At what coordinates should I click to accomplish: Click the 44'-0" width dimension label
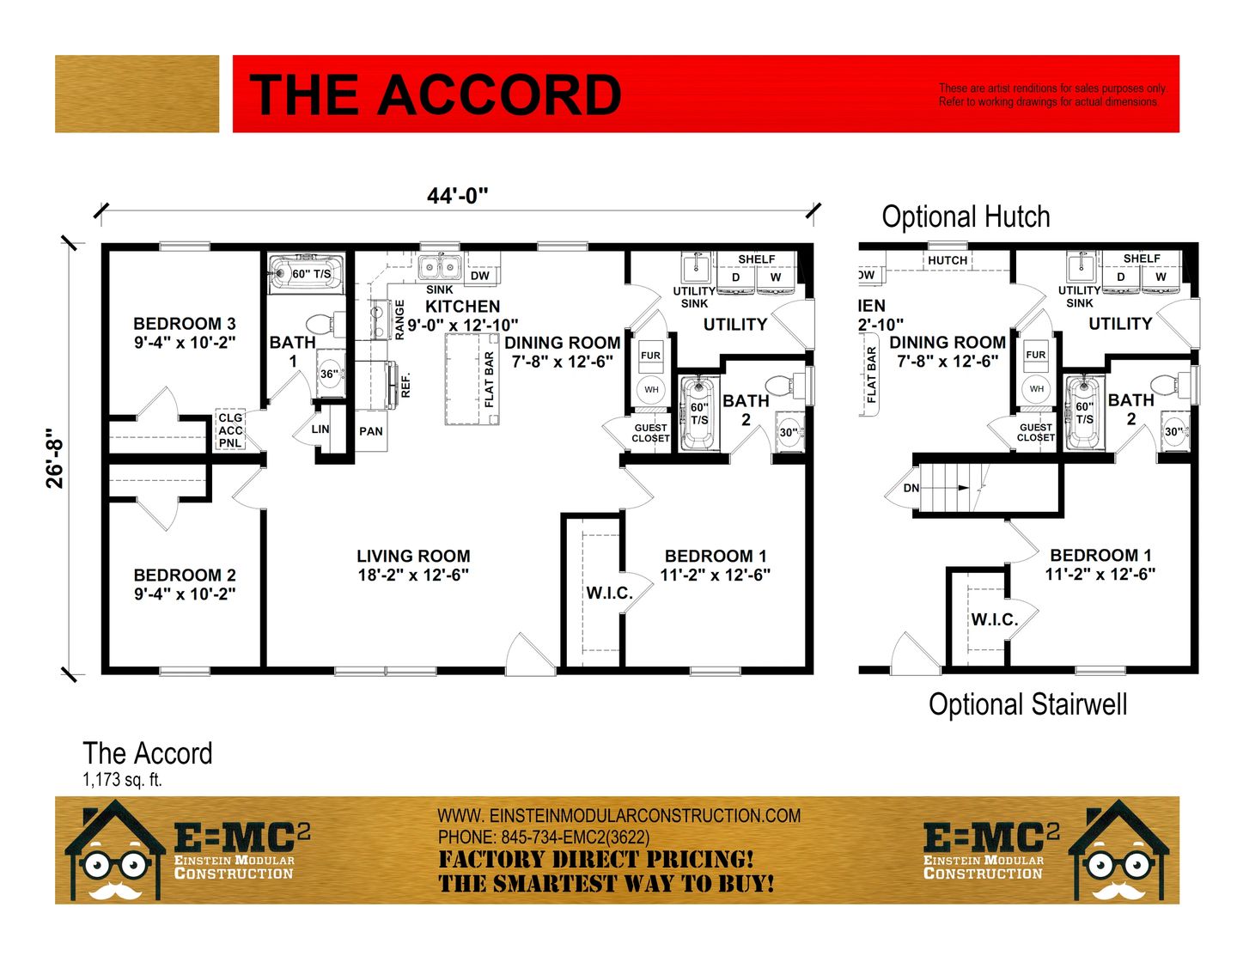tap(457, 196)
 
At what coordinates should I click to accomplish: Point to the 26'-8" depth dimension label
tap(55, 458)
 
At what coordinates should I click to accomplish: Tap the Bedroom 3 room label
tap(185, 333)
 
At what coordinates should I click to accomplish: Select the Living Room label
tap(413, 565)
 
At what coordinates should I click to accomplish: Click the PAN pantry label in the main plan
tap(370, 431)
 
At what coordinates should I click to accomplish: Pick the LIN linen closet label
tap(320, 429)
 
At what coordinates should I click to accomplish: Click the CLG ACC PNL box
tap(230, 429)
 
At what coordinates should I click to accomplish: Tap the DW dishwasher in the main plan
tap(480, 276)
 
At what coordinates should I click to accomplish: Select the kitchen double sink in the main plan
tap(440, 267)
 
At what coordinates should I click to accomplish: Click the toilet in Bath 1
tap(326, 325)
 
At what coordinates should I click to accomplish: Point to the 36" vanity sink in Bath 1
tap(330, 374)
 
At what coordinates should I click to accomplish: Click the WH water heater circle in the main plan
tap(651, 390)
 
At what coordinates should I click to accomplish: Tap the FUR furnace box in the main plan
tap(650, 356)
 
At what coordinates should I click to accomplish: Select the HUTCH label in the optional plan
tap(948, 260)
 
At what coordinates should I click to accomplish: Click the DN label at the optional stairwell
tap(911, 488)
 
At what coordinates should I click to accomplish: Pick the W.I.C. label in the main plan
tap(610, 593)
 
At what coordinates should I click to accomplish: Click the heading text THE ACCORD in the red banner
tap(435, 94)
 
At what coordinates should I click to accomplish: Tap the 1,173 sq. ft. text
tap(122, 780)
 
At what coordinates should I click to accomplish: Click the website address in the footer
tap(618, 815)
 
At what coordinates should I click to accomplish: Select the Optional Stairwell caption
tap(1027, 704)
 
